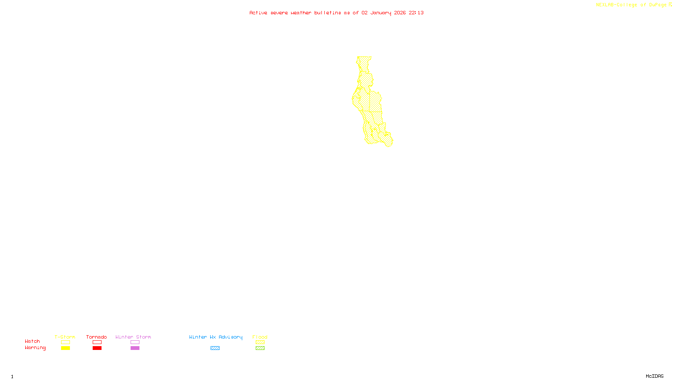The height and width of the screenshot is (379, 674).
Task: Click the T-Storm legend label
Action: [65, 337]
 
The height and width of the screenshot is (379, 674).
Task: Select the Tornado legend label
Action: [96, 337]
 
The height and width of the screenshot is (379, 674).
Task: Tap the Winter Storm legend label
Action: [133, 337]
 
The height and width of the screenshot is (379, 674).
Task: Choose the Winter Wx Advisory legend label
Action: [216, 337]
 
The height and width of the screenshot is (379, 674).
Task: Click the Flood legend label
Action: [260, 337]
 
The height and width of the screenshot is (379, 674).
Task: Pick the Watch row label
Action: [32, 341]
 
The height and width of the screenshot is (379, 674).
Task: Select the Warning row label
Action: [35, 348]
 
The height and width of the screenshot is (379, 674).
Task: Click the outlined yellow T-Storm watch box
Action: [65, 342]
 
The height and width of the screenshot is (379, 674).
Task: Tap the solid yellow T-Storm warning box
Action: [65, 348]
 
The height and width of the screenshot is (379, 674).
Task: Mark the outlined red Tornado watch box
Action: [97, 342]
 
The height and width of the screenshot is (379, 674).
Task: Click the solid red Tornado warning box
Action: [97, 348]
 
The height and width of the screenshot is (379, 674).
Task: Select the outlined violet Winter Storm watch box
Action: [135, 342]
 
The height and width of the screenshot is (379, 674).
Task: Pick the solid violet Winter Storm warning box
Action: [135, 348]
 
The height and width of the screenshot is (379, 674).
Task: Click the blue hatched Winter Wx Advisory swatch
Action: [215, 348]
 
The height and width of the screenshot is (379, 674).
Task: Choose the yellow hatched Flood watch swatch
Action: [260, 342]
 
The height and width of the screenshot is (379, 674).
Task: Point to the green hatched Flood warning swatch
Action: [260, 348]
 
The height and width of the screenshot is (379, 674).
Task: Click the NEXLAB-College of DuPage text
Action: [631, 5]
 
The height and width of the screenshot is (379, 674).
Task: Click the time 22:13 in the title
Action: [416, 13]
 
